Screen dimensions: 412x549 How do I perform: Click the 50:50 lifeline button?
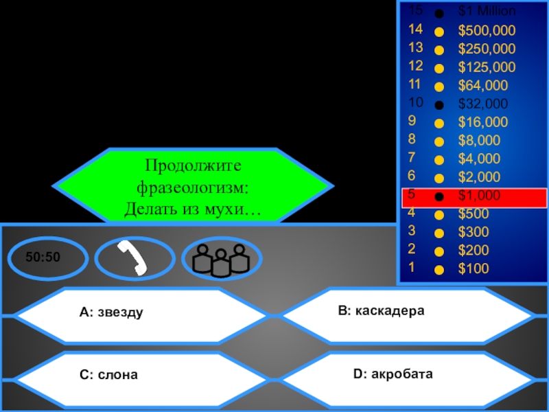click(48, 258)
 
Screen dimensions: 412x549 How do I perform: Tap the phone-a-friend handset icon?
click(135, 258)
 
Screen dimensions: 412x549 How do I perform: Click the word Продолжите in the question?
click(194, 165)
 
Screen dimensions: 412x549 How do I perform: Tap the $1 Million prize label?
click(487, 11)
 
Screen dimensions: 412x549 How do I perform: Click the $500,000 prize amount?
click(487, 30)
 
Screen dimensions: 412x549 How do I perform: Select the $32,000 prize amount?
click(483, 104)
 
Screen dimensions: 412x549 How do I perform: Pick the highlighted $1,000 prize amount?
click(480, 196)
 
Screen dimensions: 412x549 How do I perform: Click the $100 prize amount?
click(474, 268)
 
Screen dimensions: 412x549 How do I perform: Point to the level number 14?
click(415, 30)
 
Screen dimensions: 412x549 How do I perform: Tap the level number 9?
click(412, 122)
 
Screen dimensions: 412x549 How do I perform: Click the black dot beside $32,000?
click(439, 105)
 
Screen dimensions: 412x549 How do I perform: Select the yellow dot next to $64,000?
click(439, 87)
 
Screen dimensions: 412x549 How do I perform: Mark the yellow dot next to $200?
click(439, 250)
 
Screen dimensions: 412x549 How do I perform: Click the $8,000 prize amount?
click(480, 141)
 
